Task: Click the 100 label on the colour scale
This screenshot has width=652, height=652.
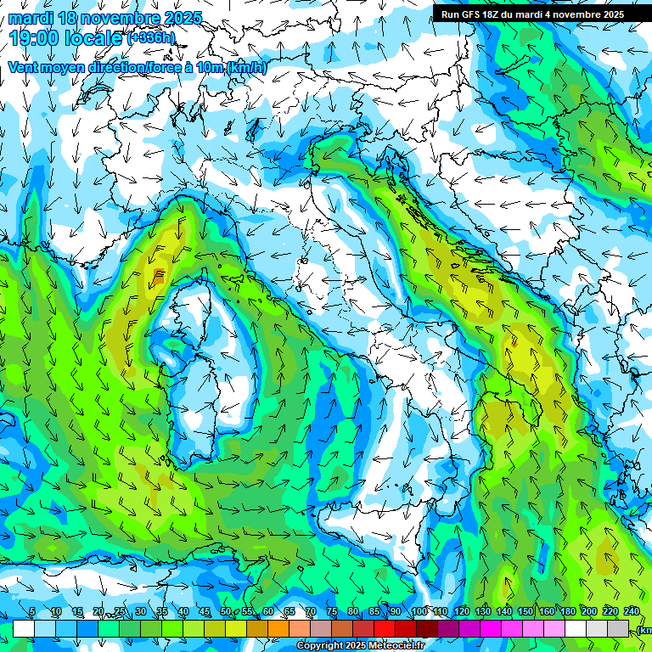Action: click(419, 611)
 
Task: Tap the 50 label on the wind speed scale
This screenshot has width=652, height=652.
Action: click(225, 611)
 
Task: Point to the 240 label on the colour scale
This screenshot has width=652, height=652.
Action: click(631, 611)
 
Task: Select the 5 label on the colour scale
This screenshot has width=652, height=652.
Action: click(32, 611)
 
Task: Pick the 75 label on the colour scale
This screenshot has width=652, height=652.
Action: click(331, 611)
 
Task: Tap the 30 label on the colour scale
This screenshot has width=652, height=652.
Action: click(140, 611)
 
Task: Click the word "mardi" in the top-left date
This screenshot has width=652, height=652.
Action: click(31, 18)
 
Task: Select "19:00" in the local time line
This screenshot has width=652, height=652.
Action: click(37, 38)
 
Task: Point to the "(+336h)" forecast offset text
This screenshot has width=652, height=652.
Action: click(151, 38)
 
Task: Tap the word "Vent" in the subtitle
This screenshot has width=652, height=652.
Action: click(25, 67)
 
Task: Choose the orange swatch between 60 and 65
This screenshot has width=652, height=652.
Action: click(278, 628)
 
